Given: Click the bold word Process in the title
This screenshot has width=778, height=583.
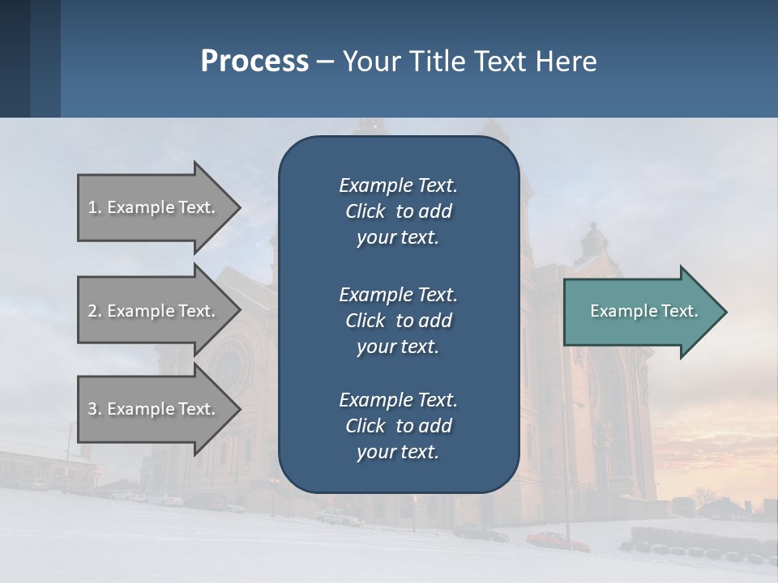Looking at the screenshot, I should (x=254, y=62).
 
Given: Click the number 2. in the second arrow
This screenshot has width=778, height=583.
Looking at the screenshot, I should (x=94, y=311).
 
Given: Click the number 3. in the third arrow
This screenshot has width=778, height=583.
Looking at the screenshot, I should (x=94, y=409).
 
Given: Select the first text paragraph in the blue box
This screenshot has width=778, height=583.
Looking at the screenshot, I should (x=398, y=211).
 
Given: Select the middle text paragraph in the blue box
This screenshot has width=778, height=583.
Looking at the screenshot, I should (x=398, y=320).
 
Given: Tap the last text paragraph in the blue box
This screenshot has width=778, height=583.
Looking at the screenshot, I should (x=398, y=426).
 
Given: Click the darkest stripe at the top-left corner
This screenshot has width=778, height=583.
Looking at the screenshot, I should (x=15, y=57).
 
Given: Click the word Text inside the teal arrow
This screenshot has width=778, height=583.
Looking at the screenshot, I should (x=679, y=311).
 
